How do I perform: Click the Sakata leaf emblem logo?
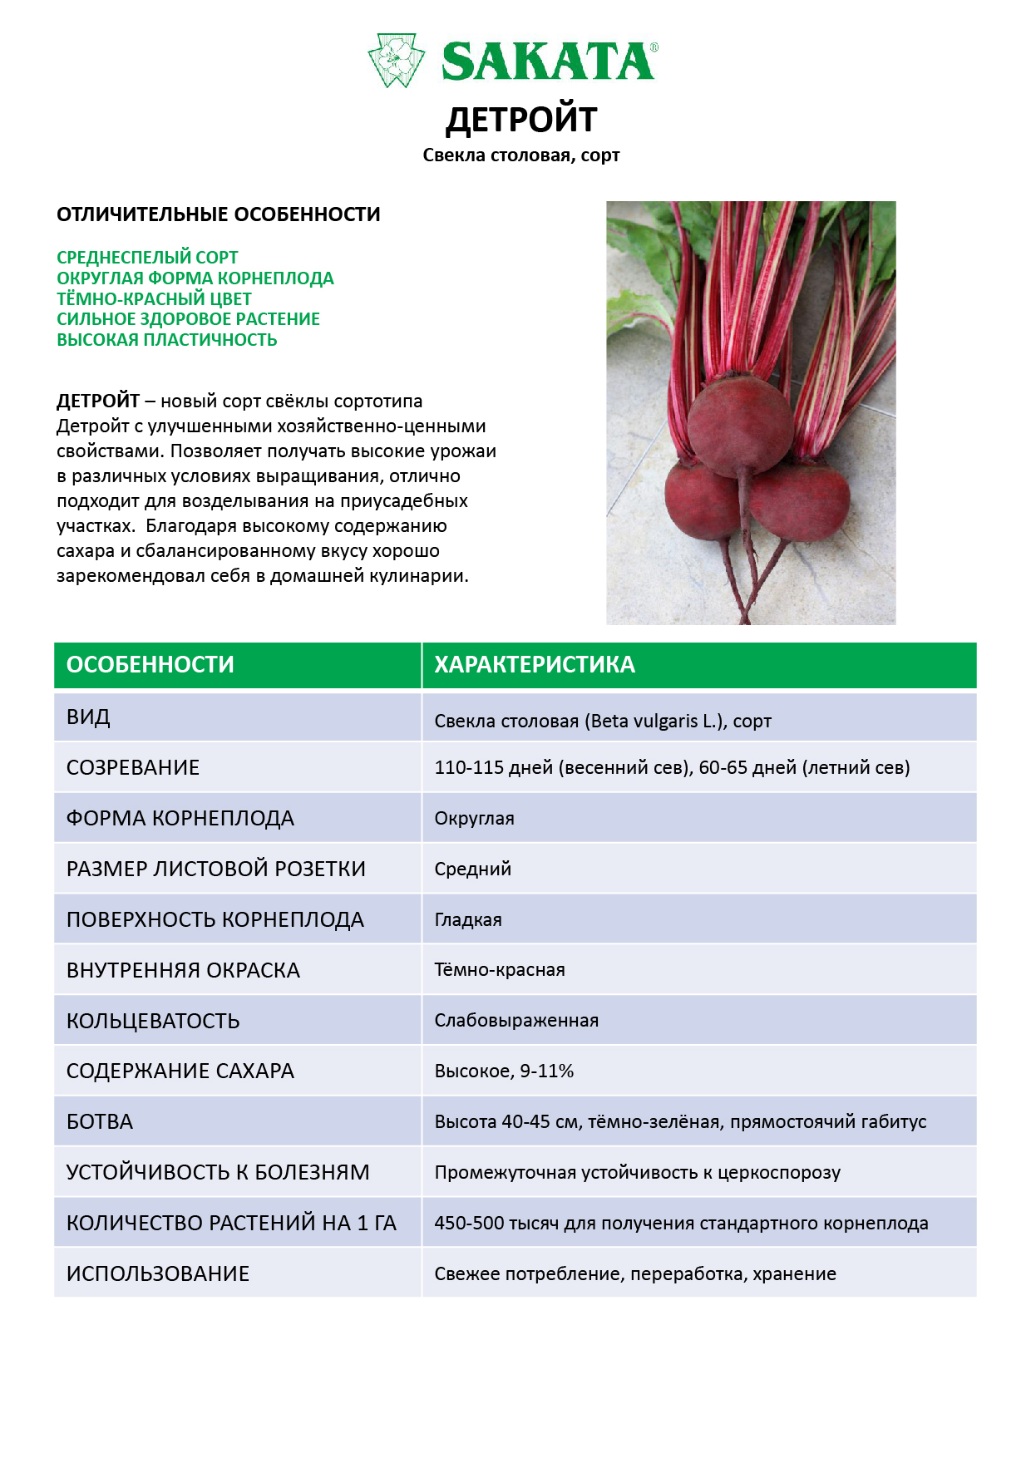396,60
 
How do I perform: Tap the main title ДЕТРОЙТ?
521,120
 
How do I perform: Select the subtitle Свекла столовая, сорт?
521,155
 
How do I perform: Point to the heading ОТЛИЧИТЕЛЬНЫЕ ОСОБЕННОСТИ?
218,214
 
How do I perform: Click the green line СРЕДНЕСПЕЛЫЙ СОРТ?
147,258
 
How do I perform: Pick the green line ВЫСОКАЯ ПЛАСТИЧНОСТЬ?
166,340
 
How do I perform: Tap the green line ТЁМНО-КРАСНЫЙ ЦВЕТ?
154,298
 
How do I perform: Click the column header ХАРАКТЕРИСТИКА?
535,665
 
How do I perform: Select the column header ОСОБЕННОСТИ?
150,665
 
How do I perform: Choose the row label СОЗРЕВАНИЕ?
133,767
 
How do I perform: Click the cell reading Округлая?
474,819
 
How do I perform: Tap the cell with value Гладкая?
468,920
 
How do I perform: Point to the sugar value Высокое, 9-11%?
504,1071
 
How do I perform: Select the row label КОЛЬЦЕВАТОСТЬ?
153,1021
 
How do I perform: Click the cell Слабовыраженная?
516,1021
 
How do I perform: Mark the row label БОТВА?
100,1122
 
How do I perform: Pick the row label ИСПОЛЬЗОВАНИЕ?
158,1273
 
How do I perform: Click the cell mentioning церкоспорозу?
637,1173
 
